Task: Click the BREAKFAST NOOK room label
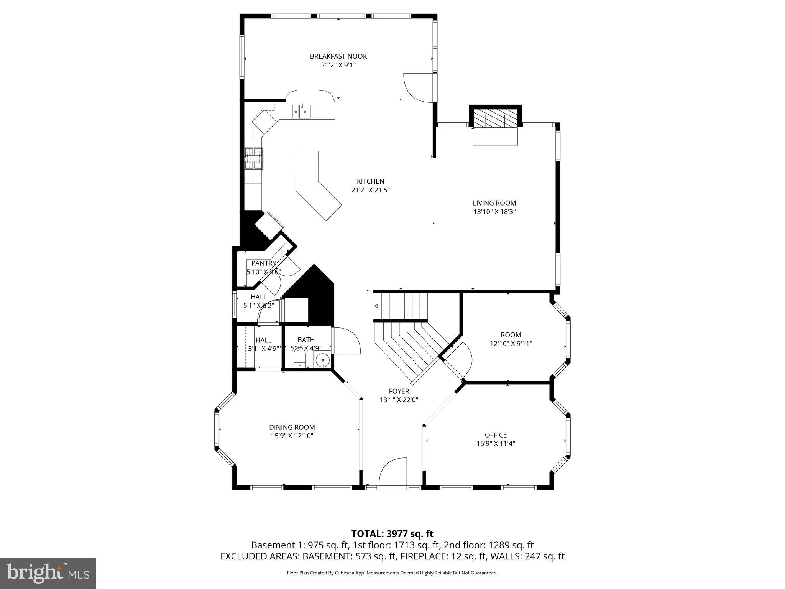[x=338, y=56]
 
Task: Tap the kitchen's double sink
[x=302, y=112]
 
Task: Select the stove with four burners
[x=254, y=158]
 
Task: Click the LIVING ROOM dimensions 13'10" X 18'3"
[x=494, y=212]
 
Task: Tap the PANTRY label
[x=263, y=263]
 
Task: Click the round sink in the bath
[x=322, y=360]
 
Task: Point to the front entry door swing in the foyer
[x=393, y=472]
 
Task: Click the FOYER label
[x=399, y=392]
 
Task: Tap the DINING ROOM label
[x=292, y=428]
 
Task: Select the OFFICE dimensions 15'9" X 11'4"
[x=495, y=444]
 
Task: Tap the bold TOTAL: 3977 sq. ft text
[x=392, y=534]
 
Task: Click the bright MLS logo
[x=48, y=573]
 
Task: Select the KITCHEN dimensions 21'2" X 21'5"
[x=370, y=190]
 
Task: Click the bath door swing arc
[x=347, y=341]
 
